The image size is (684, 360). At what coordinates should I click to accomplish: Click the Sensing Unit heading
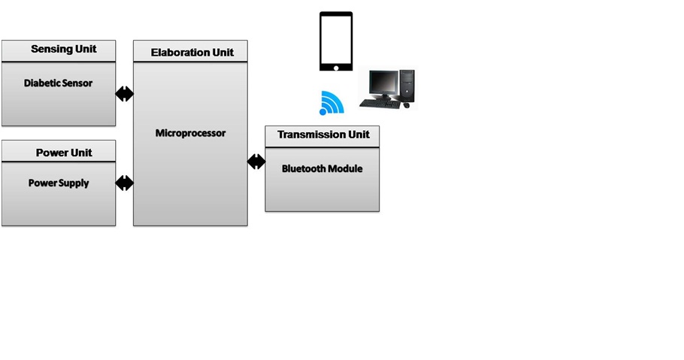coord(64,49)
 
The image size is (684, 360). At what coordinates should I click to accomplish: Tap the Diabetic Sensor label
coord(58,83)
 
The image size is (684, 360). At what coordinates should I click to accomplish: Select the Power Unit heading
coord(64,153)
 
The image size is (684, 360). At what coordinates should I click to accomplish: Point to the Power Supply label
coord(59,183)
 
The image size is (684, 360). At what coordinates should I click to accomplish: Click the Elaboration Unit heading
coord(192,53)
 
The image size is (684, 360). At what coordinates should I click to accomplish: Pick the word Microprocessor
coord(191,133)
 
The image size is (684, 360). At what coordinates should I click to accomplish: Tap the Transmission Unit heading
coord(324,135)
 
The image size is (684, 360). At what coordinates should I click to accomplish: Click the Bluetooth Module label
coord(322,168)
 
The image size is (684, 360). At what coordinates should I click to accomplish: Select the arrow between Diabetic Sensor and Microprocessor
coord(124,94)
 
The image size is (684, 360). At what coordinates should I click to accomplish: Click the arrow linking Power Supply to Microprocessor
coord(124,183)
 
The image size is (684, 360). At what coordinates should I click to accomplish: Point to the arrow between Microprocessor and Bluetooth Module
coord(256,162)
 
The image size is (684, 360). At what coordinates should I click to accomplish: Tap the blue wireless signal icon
coord(331,103)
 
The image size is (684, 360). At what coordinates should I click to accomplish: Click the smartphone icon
coord(336,41)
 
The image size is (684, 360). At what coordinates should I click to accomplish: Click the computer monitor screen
coord(383,83)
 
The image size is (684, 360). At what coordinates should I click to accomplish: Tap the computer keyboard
coord(380,104)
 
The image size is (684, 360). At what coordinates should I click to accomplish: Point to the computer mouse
coord(407,105)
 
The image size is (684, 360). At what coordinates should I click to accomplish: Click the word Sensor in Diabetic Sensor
coord(77,83)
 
